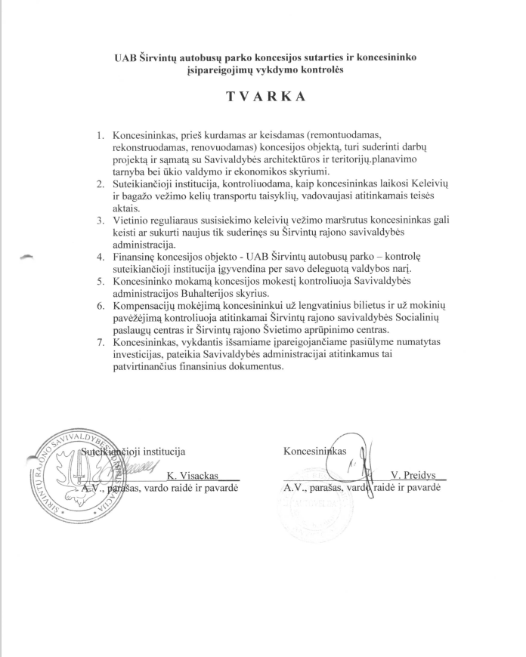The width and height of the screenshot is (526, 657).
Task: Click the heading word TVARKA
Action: coord(262,98)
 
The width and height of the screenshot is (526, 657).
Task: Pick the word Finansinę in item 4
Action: coord(137,256)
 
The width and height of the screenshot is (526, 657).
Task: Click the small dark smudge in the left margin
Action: coord(28,257)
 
